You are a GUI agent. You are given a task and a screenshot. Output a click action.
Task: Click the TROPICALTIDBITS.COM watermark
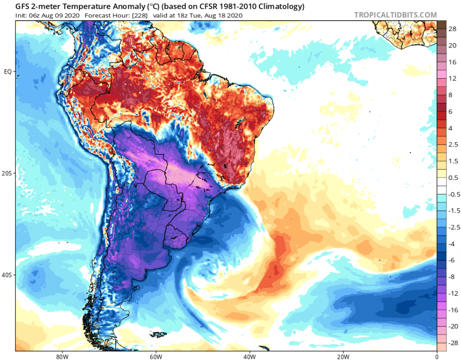(x=395, y=15)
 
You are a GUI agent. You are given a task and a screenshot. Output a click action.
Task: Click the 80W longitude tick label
(x=61, y=357)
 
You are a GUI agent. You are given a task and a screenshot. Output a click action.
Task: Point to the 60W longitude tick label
(x=155, y=357)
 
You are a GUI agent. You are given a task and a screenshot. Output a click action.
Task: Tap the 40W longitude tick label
(x=249, y=357)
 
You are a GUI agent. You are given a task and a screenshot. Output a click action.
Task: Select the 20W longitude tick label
(x=342, y=357)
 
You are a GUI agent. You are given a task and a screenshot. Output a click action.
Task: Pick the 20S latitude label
(x=7, y=173)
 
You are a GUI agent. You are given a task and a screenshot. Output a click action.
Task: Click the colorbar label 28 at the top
(x=452, y=29)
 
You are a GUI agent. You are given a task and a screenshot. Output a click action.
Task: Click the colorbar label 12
(x=452, y=78)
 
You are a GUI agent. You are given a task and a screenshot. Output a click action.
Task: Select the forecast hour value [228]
(x=138, y=15)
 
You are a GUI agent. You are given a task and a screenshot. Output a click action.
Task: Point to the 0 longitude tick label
(x=437, y=357)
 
